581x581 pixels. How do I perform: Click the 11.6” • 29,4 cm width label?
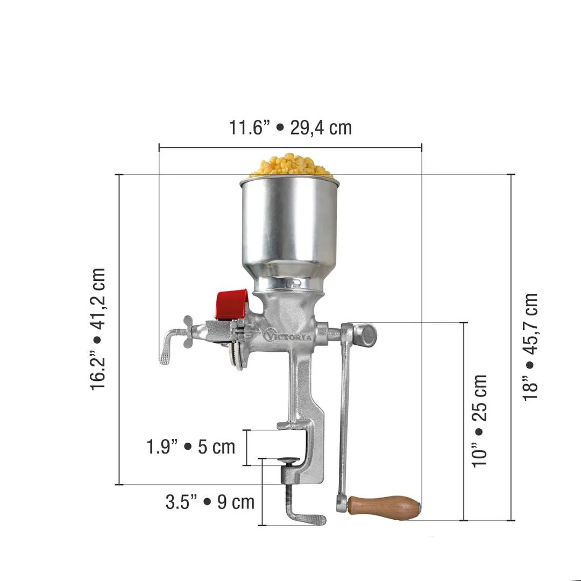click(290, 128)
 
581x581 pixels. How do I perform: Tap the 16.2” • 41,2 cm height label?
click(98, 329)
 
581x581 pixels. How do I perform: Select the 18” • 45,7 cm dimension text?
click(530, 346)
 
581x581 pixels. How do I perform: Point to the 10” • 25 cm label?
click(479, 421)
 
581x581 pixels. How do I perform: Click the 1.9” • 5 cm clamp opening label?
click(191, 447)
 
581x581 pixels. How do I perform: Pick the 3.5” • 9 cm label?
click(210, 502)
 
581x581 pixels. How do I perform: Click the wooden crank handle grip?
click(384, 507)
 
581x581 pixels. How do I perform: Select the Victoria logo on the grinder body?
click(288, 335)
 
